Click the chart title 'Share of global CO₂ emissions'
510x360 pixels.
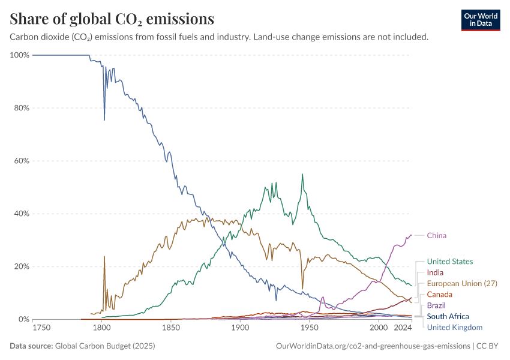tap(112, 19)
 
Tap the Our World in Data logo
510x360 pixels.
tap(480, 19)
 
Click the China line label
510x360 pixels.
tap(436, 236)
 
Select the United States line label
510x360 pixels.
tap(449, 262)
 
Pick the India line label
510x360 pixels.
tap(435, 272)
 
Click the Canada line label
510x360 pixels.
tap(439, 295)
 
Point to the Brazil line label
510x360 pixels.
tap(436, 305)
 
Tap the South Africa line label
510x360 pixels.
tap(448, 316)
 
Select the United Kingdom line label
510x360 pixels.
tap(454, 327)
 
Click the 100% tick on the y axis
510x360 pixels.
tap(20, 55)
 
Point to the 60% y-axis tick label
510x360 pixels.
tap(22, 161)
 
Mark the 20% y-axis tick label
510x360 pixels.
tap(22, 266)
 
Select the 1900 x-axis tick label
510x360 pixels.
tap(240, 328)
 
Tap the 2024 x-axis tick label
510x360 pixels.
tap(403, 328)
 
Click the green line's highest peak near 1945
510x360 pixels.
tap(302, 175)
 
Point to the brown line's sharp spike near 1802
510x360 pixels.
tap(104, 257)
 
